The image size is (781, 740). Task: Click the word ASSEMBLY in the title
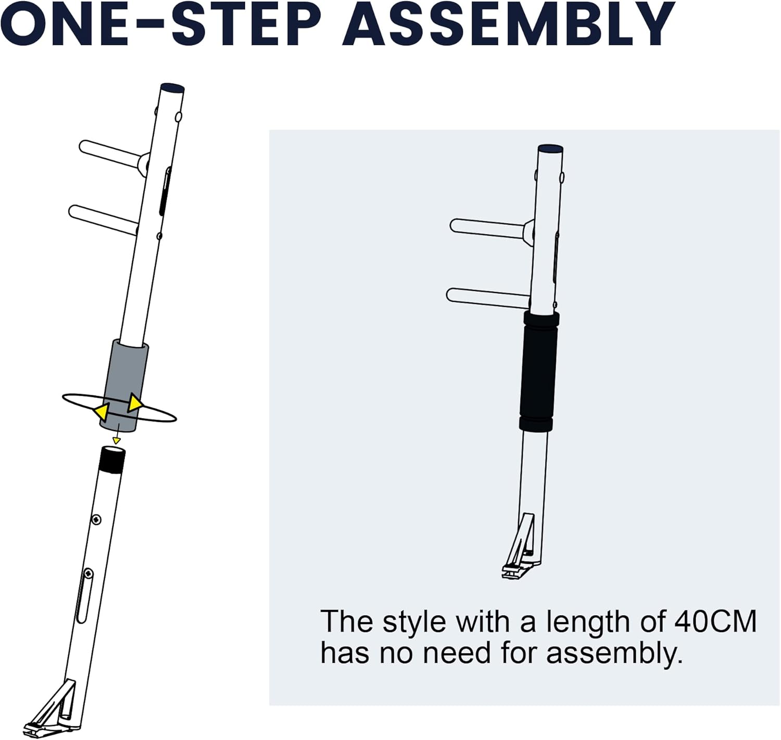tap(509, 24)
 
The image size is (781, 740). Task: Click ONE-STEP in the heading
tap(161, 24)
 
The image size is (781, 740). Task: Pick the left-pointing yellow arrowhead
tap(101, 413)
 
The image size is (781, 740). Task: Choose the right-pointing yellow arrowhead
tap(135, 403)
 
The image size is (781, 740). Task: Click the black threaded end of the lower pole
tap(112, 460)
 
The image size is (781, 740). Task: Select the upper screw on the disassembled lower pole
tap(96, 520)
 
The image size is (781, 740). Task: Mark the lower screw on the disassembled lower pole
tap(89, 574)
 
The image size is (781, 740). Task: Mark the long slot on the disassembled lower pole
tap(83, 599)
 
